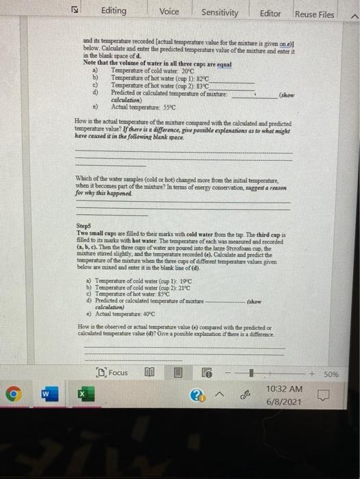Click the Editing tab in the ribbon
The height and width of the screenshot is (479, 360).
pos(113,12)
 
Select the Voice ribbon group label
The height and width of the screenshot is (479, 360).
pos(168,12)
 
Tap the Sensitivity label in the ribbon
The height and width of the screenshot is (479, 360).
pos(220,12)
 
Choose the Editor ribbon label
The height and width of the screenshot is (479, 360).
pos(270,13)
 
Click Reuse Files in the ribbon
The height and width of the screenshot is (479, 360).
pos(315,14)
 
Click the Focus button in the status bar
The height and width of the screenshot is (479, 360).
pos(113,373)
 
